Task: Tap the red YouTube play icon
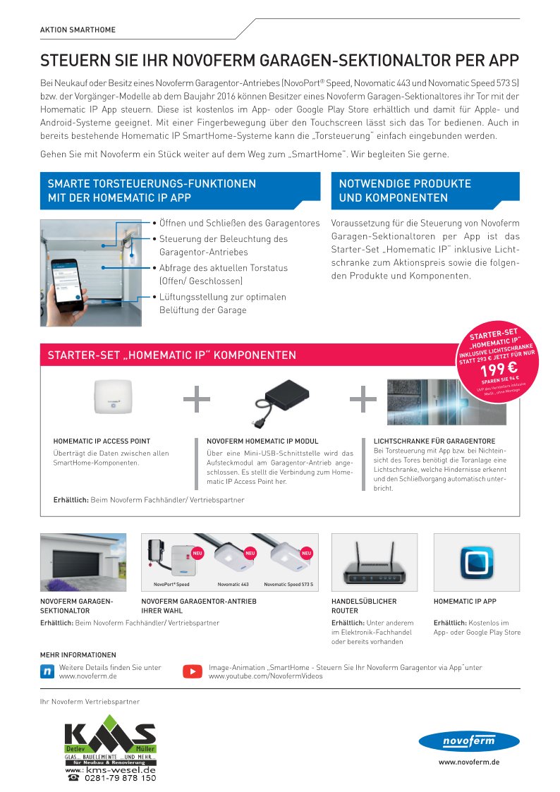click(192, 671)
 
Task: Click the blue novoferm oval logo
click(468, 741)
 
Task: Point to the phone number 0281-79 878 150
click(120, 778)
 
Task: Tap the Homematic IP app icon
click(476, 562)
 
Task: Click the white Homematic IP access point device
click(114, 400)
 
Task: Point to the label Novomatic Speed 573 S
click(288, 585)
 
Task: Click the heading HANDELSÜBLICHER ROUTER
click(364, 606)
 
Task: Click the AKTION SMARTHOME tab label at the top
click(78, 30)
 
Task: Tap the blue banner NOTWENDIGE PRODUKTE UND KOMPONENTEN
click(425, 190)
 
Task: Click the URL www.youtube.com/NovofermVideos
click(265, 676)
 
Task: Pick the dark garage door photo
click(83, 562)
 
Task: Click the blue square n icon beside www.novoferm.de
click(48, 671)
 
